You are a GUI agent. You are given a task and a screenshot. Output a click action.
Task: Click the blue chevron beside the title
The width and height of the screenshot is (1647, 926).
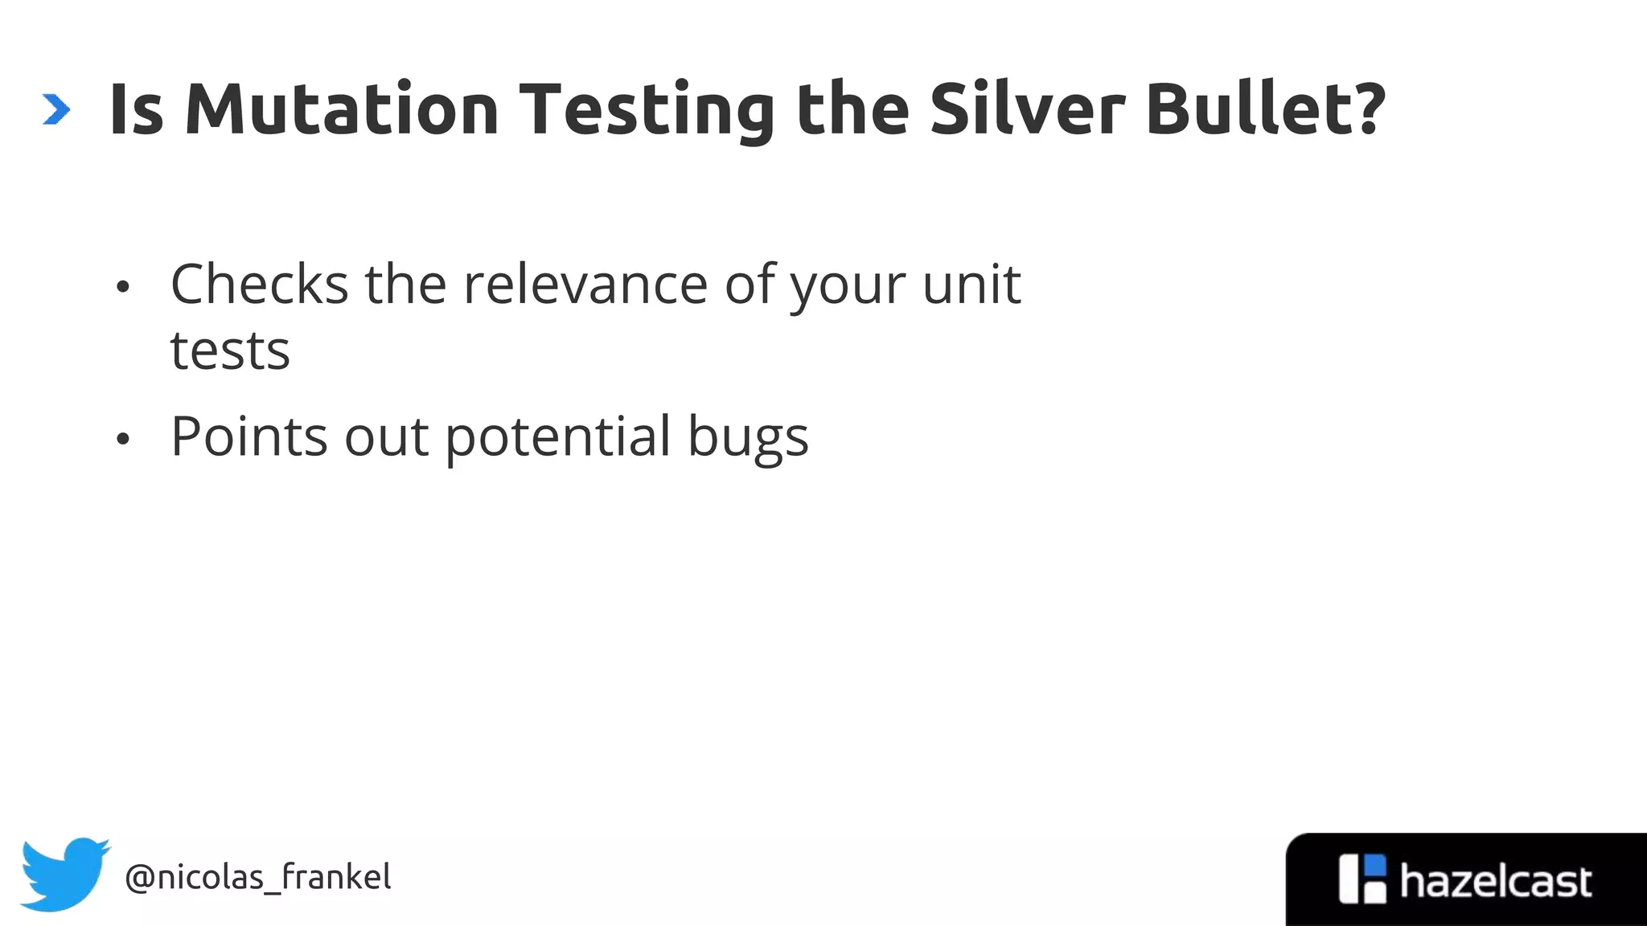tap(56, 109)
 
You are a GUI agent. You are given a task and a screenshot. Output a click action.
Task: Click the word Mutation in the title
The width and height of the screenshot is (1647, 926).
tap(342, 109)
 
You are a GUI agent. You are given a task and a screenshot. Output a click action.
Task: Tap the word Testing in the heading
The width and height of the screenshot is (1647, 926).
tap(648, 109)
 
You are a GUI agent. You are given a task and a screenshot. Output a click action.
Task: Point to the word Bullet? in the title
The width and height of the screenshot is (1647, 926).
tap(1266, 109)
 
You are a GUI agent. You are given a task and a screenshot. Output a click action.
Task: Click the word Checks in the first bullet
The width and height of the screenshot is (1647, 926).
tap(259, 285)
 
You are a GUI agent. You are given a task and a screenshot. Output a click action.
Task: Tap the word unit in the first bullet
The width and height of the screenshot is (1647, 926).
tap(971, 285)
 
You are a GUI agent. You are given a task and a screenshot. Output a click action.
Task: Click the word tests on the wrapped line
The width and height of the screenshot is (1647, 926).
tap(230, 351)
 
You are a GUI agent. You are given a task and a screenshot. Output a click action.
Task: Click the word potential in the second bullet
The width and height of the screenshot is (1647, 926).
tap(558, 437)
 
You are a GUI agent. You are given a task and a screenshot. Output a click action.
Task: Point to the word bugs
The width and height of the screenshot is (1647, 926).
tap(748, 439)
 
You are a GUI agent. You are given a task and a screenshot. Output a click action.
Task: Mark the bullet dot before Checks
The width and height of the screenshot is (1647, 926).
tap(122, 287)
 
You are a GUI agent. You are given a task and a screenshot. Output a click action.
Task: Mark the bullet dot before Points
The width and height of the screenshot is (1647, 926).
tap(122, 439)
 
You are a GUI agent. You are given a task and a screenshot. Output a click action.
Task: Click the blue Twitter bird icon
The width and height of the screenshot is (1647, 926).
tap(64, 874)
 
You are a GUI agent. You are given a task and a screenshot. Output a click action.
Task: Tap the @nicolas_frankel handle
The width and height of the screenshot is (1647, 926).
tap(258, 877)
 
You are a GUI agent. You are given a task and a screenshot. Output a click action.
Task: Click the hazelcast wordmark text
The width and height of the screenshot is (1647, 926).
tap(1495, 882)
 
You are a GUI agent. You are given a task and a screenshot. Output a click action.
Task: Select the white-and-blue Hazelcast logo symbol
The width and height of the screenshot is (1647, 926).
tap(1363, 879)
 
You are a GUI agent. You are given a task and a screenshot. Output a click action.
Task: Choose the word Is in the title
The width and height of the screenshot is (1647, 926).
tap(137, 109)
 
